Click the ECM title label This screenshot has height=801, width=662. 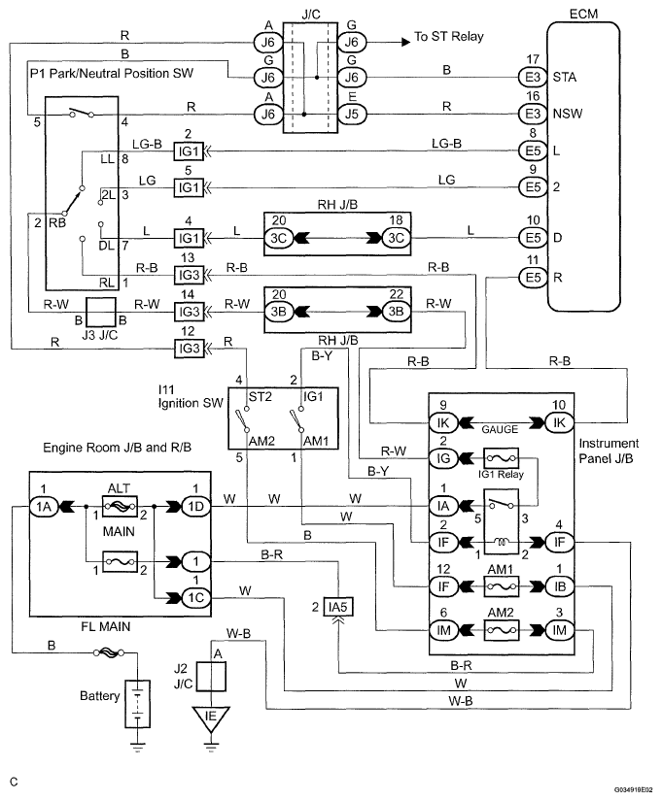click(x=583, y=14)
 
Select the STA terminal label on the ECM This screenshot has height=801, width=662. click(x=564, y=77)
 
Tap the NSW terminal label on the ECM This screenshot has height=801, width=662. click(x=568, y=114)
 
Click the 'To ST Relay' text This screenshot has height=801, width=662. click(x=449, y=37)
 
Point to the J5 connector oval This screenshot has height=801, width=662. click(x=352, y=114)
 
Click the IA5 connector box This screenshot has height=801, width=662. click(x=337, y=607)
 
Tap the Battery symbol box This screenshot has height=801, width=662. click(x=138, y=704)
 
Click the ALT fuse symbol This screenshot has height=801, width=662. click(x=120, y=506)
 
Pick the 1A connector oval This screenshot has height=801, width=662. click(x=44, y=506)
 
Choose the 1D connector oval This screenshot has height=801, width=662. click(x=196, y=506)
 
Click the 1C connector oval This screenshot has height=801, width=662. click(x=196, y=597)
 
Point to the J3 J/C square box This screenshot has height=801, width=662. click(x=101, y=313)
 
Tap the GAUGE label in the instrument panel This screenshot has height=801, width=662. click(x=500, y=429)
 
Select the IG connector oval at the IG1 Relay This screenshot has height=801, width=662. click(x=443, y=458)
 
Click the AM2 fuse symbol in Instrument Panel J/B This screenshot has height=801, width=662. click(x=501, y=630)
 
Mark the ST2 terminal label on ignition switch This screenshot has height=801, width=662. click(x=260, y=397)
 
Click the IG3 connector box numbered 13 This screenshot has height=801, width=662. click(x=189, y=276)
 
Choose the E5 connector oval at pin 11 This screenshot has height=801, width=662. click(x=533, y=278)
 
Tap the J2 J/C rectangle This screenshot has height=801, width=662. click(x=211, y=676)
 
